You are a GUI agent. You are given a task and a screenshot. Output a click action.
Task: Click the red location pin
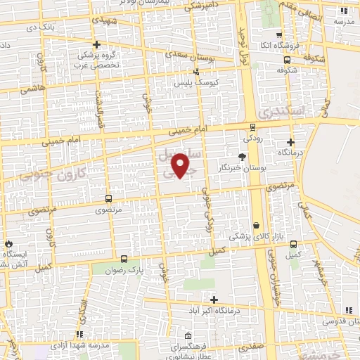coord(181,165)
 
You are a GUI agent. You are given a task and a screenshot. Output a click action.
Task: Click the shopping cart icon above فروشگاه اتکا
coord(278,34)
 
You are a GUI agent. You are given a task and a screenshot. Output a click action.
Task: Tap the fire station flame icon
coord(8,240)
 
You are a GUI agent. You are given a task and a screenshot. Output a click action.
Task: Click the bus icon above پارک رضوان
coord(124,259)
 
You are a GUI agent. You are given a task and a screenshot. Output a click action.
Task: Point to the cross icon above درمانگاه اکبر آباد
coord(214,300)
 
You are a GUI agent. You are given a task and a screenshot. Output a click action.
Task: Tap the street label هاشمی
coord(32,89)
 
